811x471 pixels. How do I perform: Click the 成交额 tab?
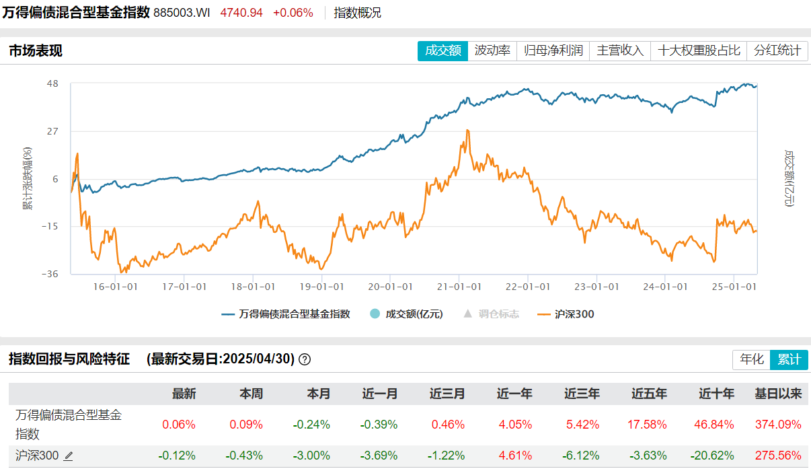(442, 50)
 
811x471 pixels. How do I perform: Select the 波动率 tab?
(492, 50)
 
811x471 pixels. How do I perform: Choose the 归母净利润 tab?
(553, 50)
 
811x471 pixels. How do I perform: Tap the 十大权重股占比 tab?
(699, 50)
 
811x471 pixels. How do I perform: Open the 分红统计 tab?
(777, 50)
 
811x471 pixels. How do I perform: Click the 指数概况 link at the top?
(357, 13)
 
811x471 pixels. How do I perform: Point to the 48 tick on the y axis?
(52, 83)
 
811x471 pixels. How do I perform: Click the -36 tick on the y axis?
(50, 274)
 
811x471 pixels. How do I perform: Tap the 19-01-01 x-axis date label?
(321, 286)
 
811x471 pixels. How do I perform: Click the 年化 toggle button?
(752, 359)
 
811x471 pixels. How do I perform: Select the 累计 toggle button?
(789, 359)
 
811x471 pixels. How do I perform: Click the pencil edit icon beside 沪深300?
(69, 456)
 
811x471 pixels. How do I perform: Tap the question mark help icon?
(305, 359)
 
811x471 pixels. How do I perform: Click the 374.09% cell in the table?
(779, 425)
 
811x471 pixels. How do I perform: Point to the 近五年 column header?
(649, 394)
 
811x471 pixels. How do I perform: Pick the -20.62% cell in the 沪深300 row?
(716, 456)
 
